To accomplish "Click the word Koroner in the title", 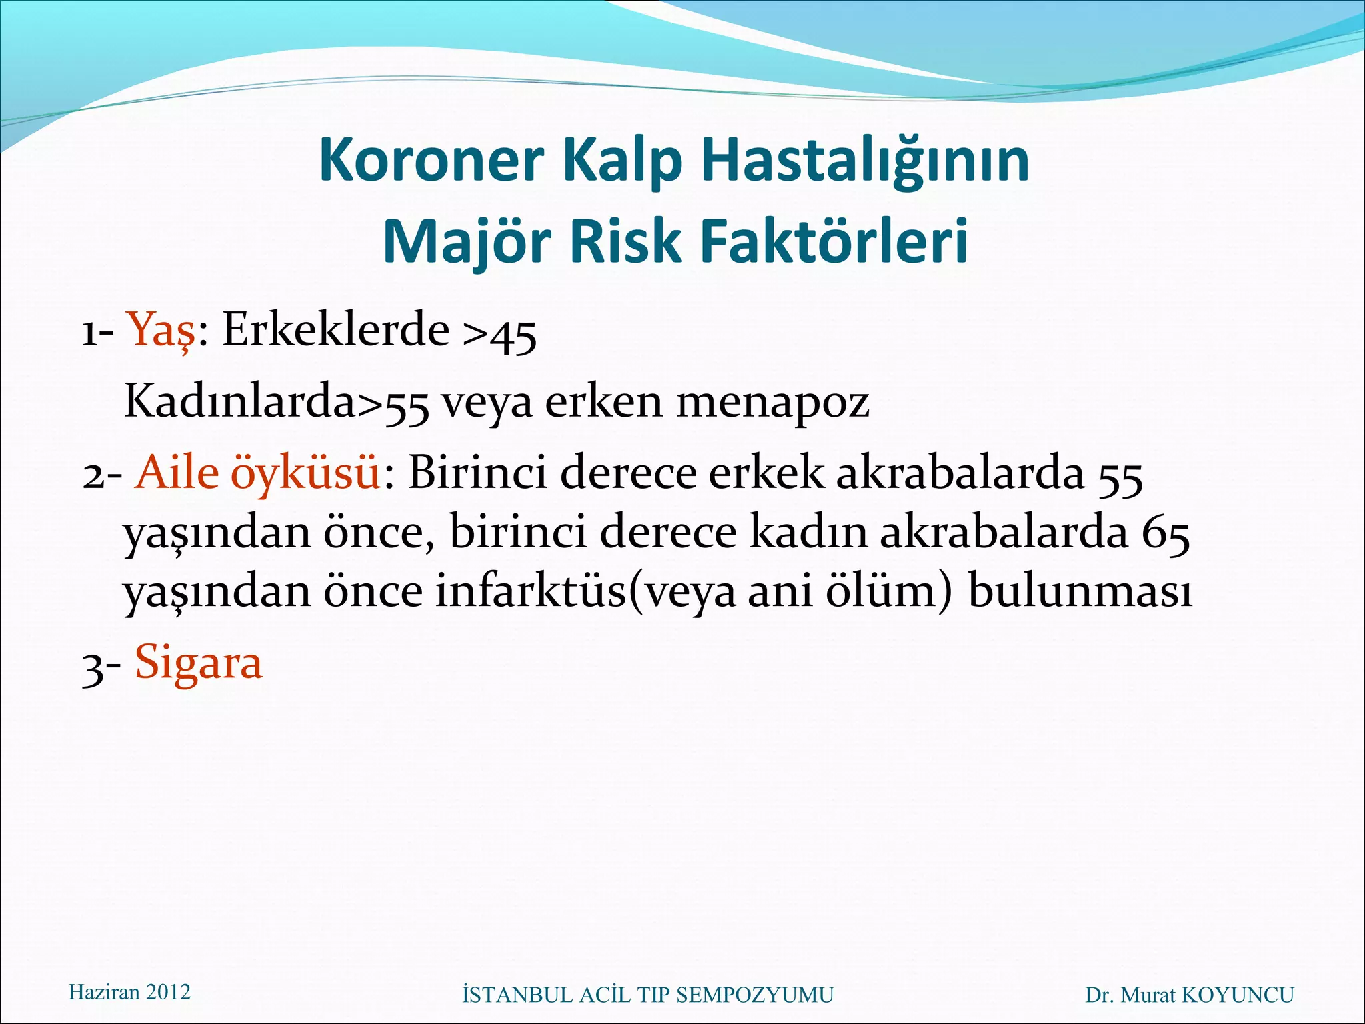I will point(431,161).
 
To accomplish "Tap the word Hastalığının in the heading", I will point(865,161).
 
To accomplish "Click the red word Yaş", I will point(162,330).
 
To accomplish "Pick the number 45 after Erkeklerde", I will point(513,335).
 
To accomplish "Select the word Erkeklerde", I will point(335,329).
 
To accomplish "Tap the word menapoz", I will point(773,403).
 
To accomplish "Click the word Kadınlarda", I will point(240,401).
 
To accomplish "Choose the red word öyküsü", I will point(306,473).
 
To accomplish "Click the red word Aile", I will point(177,473).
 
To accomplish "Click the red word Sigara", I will point(199,663).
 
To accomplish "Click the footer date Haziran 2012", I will point(129,992).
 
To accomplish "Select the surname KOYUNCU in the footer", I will point(1238,995).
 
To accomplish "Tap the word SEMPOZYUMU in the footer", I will point(754,995).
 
